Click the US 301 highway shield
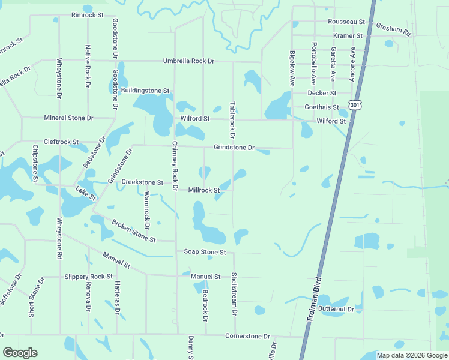tap(356, 106)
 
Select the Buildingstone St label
tap(145, 91)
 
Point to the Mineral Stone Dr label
tap(68, 118)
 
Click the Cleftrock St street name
tap(61, 142)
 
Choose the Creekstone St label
tap(142, 182)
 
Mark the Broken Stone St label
tap(133, 231)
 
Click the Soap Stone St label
tap(205, 253)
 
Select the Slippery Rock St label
tap(88, 277)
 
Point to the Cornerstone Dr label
tap(248, 336)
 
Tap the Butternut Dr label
tap(336, 308)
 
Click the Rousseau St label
tap(346, 22)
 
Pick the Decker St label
tap(321, 93)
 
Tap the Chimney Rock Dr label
tap(175, 166)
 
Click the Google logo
tap(20, 353)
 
